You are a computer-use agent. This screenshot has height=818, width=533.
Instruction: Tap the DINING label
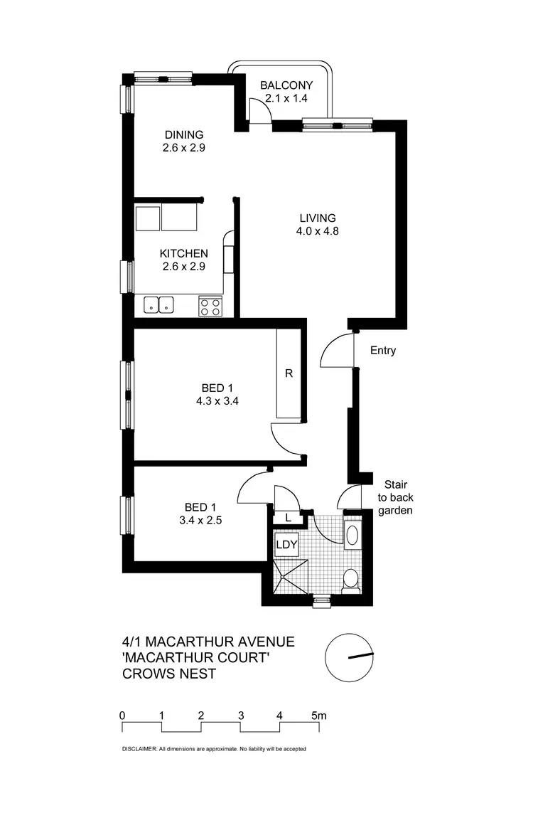coord(184,134)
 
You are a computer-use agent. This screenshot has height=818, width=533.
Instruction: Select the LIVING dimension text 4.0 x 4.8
coord(317,230)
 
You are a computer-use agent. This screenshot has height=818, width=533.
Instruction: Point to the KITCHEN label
coord(183,253)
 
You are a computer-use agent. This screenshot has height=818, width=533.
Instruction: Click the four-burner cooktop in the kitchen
coord(210,306)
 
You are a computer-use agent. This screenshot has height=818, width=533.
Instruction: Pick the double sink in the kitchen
coord(159,304)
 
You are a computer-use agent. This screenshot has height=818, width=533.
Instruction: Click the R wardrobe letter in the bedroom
coord(289,373)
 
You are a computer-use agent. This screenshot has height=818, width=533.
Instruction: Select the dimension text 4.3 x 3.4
coord(217,400)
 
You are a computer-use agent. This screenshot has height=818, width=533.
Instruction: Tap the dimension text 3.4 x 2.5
coord(200,520)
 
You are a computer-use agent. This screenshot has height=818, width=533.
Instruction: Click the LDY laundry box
coord(286,546)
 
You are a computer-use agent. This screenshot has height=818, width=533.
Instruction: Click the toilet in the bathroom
coord(350,580)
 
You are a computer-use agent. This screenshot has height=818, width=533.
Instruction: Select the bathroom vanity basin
coord(352,535)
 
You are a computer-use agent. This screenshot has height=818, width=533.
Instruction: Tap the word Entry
coord(383,351)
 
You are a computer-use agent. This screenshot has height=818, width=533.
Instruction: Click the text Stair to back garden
coord(394,497)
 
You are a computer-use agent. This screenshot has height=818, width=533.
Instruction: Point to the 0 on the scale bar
coord(123,715)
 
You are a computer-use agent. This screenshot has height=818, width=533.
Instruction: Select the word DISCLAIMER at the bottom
coord(135,749)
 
